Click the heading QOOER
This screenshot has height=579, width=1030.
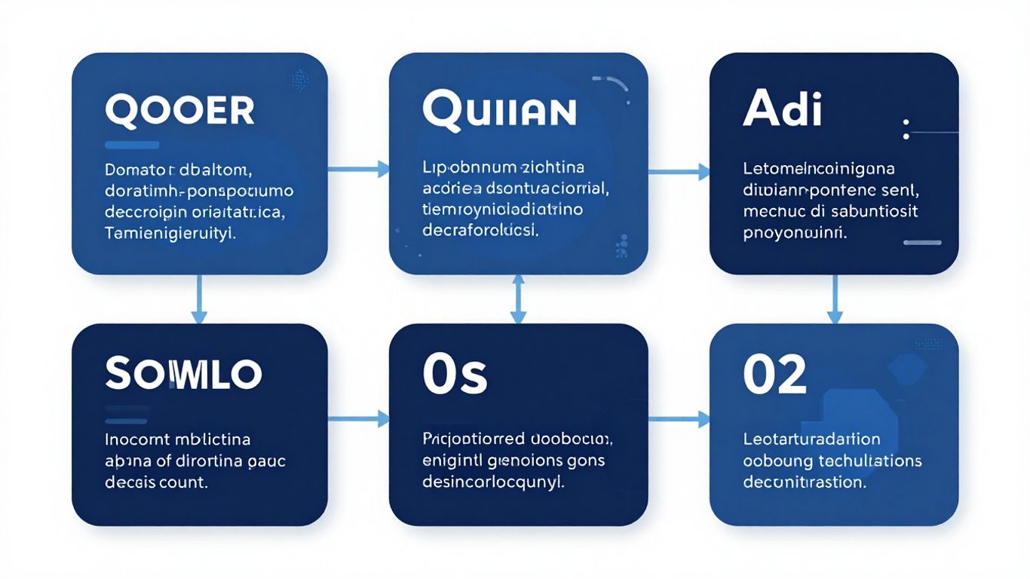179,110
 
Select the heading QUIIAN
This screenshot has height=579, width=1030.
499,110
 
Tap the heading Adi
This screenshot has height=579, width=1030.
782,110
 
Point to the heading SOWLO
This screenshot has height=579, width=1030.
183,373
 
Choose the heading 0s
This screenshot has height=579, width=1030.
454,375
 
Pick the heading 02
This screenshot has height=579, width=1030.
774,375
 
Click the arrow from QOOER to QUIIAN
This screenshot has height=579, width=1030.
358,170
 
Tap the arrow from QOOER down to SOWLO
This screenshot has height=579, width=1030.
199,299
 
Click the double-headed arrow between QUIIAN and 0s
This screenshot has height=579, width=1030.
518,299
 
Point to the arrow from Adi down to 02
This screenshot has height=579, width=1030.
835,299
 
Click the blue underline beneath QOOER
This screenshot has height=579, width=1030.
132,144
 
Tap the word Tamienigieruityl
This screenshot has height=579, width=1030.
170,234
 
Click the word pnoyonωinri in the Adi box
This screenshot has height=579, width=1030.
795,233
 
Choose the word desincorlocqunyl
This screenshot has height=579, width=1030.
492,480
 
